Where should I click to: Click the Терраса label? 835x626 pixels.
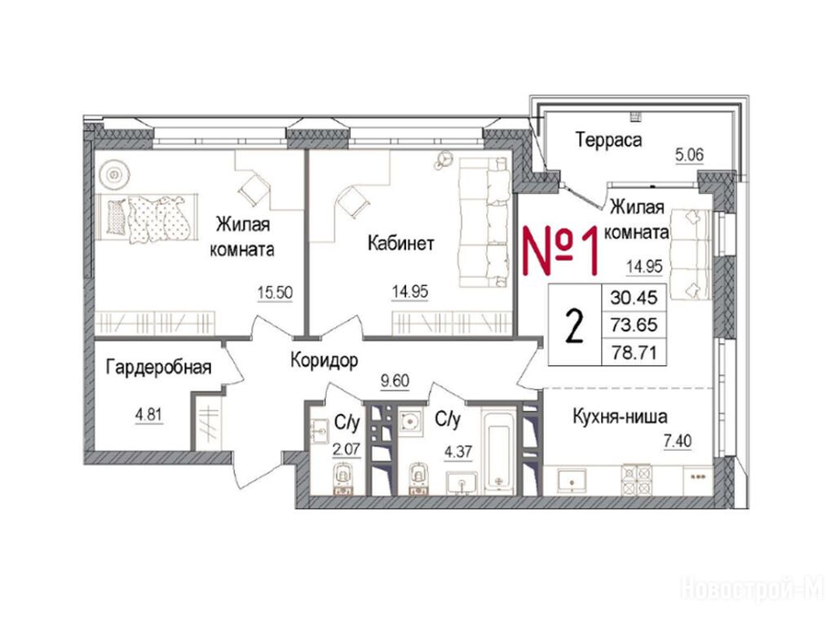pyautogui.click(x=608, y=140)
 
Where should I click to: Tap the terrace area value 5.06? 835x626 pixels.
pyautogui.click(x=690, y=156)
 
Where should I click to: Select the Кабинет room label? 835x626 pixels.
pyautogui.click(x=401, y=243)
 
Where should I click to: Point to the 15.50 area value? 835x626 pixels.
pyautogui.click(x=275, y=293)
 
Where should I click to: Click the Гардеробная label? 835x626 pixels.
pyautogui.click(x=159, y=367)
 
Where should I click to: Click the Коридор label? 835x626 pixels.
pyautogui.click(x=324, y=360)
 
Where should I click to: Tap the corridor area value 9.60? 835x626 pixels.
pyautogui.click(x=395, y=381)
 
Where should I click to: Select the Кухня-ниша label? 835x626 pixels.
pyautogui.click(x=620, y=417)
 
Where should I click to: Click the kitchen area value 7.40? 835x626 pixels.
pyautogui.click(x=678, y=441)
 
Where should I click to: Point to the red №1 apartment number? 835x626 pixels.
pyautogui.click(x=561, y=251)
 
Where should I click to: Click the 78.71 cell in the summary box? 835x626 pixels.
pyautogui.click(x=634, y=352)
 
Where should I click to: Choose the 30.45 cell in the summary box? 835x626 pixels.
pyautogui.click(x=634, y=297)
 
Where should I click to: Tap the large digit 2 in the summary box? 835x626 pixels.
pyautogui.click(x=575, y=326)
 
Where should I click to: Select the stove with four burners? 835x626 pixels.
pyautogui.click(x=637, y=479)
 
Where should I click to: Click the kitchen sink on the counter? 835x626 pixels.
pyautogui.click(x=572, y=480)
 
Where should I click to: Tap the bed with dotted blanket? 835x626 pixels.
pyautogui.click(x=147, y=218)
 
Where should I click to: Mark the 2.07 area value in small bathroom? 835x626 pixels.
pyautogui.click(x=346, y=450)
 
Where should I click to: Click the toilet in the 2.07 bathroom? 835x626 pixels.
pyautogui.click(x=343, y=479)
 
